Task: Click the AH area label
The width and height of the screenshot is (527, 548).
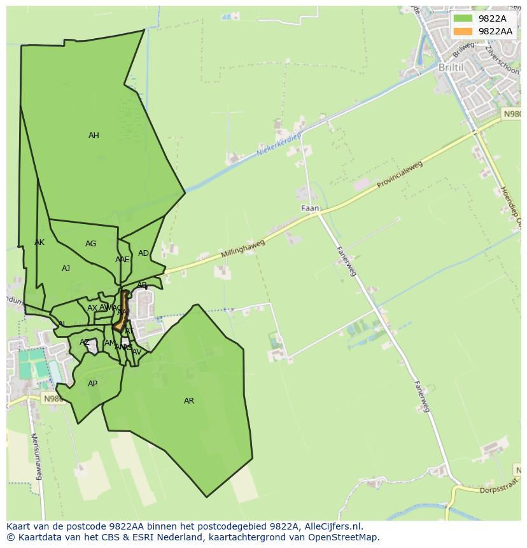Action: coord(94,136)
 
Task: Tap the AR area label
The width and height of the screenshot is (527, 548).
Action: coord(189,401)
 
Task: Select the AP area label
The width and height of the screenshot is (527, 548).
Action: coord(93,384)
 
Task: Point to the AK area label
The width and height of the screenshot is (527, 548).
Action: coord(39,242)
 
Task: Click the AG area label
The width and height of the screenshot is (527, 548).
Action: coord(91,244)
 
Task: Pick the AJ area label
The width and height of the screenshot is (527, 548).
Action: coord(66,269)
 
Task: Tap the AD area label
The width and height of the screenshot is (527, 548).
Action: coord(143,253)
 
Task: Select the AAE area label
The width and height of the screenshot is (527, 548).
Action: coord(122,260)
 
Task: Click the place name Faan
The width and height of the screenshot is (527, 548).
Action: coord(310,208)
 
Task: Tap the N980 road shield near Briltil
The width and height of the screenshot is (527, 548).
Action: coord(512,114)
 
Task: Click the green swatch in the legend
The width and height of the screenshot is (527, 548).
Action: coord(463,18)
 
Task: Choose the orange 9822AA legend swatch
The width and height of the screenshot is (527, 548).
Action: coord(463,31)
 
